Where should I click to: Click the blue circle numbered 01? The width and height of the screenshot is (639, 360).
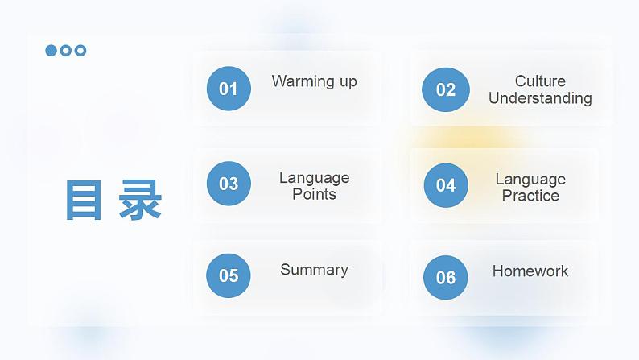(x=229, y=89)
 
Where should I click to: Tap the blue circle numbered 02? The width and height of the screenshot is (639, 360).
(x=445, y=89)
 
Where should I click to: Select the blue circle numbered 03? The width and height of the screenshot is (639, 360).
(x=229, y=184)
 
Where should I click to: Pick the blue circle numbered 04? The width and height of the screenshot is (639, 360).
(x=445, y=185)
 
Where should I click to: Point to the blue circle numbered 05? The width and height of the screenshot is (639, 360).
(x=229, y=275)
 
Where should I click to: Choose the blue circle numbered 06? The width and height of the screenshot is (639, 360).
(x=445, y=278)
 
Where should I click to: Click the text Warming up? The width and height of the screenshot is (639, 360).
(x=314, y=81)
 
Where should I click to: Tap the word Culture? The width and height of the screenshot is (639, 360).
(x=540, y=81)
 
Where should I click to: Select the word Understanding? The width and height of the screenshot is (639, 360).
(x=540, y=98)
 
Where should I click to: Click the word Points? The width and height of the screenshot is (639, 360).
(x=314, y=194)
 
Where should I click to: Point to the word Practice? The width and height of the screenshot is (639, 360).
(x=530, y=196)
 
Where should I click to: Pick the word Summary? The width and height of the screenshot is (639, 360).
(x=314, y=270)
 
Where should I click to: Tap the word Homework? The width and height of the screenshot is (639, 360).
(x=530, y=271)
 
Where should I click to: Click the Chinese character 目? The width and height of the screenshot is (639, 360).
(x=84, y=200)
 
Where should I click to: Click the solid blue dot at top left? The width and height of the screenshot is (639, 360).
(x=52, y=51)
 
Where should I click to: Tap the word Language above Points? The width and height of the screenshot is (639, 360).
(x=314, y=177)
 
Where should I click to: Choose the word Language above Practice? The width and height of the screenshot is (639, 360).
(x=530, y=179)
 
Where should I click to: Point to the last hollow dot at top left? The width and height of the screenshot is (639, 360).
(x=80, y=51)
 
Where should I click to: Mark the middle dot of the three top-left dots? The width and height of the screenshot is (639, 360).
(x=66, y=51)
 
